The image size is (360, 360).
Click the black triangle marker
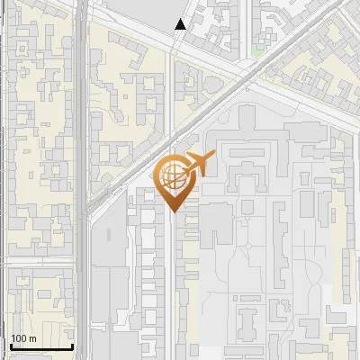pyautogui.click(x=181, y=24)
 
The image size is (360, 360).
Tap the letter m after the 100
pyautogui.click(x=32, y=338)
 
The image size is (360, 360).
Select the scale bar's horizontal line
pyautogui.click(x=40, y=347)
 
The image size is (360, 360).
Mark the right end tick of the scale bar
pyautogui.click(x=72, y=345)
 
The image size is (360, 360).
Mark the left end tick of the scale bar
pyautogui.click(x=9, y=345)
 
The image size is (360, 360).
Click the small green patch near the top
pyautogui.click(x=259, y=51)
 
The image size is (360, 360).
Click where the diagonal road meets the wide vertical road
pyautogui.click(x=86, y=212)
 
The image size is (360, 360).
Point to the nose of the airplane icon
pyautogui.click(x=213, y=157)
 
